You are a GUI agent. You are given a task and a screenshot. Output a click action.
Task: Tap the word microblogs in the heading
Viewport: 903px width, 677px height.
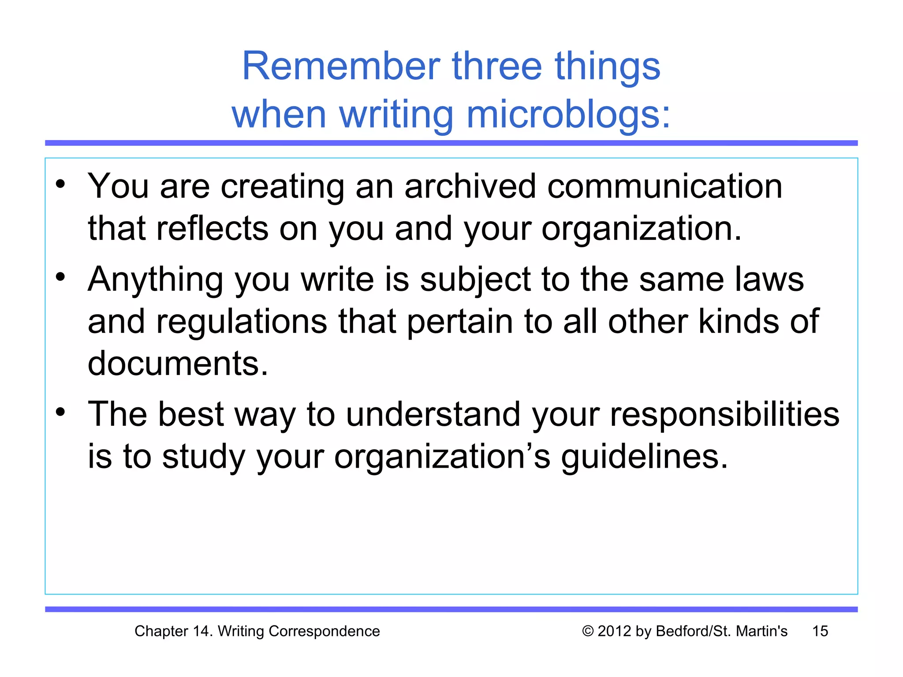pyautogui.click(x=568, y=115)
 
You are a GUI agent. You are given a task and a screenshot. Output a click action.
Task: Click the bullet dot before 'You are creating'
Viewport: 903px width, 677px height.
pyautogui.click(x=60, y=184)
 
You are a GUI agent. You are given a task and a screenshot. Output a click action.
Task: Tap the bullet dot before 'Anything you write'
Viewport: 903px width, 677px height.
pyautogui.click(x=60, y=277)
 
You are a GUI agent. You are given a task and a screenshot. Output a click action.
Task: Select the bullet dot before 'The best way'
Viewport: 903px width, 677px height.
pyautogui.click(x=60, y=412)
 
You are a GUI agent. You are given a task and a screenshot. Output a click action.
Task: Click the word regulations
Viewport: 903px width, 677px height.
pyautogui.click(x=242, y=322)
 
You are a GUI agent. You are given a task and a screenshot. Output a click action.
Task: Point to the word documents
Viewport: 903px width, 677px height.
pyautogui.click(x=178, y=364)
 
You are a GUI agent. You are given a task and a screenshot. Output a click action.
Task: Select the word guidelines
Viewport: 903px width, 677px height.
pyautogui.click(x=644, y=457)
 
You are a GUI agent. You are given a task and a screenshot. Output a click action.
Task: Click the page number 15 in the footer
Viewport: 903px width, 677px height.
pyautogui.click(x=820, y=631)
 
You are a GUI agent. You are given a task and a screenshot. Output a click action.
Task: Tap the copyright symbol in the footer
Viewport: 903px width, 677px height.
pyautogui.click(x=588, y=631)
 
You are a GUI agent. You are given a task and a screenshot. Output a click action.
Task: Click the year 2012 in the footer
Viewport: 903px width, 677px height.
pyautogui.click(x=615, y=631)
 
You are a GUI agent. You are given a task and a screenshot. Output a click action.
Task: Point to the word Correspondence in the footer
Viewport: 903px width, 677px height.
pyautogui.click(x=324, y=631)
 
